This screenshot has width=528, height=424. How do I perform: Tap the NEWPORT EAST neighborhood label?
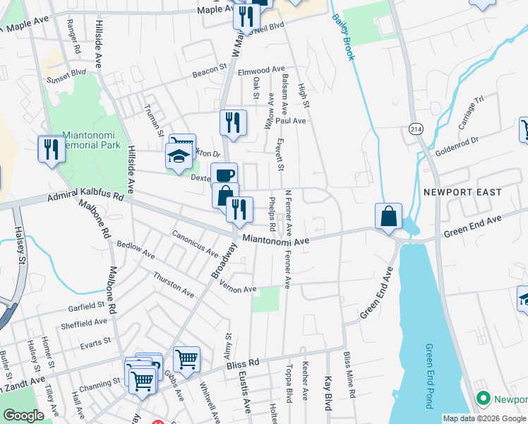click(462, 192)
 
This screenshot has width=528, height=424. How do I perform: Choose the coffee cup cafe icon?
click(224, 175)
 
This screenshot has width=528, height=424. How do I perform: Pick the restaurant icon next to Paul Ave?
click(233, 123)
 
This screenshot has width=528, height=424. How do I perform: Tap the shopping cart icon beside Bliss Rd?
click(186, 359)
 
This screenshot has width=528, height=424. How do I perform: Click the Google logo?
click(23, 416)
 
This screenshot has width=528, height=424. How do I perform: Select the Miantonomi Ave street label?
click(276, 240)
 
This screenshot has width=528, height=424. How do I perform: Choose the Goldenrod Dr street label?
click(462, 146)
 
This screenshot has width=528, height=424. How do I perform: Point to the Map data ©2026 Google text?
click(483, 418)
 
